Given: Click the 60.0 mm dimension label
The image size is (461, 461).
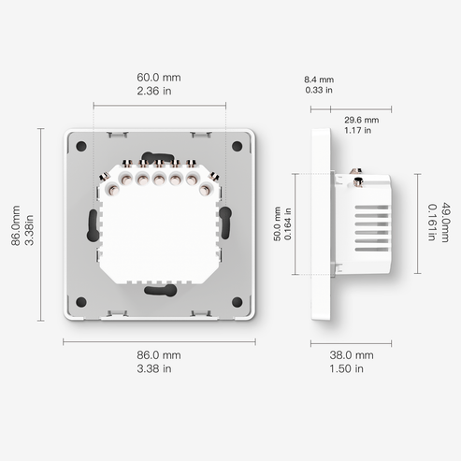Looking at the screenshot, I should click(159, 76).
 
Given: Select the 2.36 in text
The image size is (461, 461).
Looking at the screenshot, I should click(159, 92).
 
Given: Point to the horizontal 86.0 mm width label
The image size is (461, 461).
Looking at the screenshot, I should click(159, 355).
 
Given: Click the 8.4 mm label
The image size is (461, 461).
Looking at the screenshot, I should click(319, 79).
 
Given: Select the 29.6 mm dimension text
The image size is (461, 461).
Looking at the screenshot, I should click(361, 121).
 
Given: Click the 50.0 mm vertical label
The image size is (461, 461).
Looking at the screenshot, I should click(276, 225).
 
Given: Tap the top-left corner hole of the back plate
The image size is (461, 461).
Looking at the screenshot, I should click(80, 146).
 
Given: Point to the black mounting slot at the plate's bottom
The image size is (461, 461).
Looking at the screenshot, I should click(159, 289).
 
